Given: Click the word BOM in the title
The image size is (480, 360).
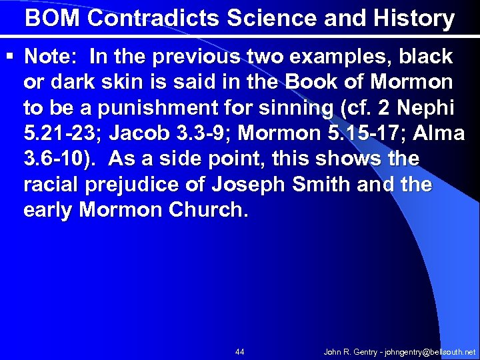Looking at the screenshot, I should pos(53,18).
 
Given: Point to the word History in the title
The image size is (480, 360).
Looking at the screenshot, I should pos(411,18).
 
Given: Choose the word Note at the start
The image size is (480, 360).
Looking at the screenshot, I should pos(51,57).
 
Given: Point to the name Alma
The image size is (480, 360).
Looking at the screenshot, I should pos(439,133).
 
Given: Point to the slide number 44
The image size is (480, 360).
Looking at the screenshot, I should pos(240,351).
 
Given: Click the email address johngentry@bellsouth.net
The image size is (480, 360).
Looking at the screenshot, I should pos(426,351).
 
